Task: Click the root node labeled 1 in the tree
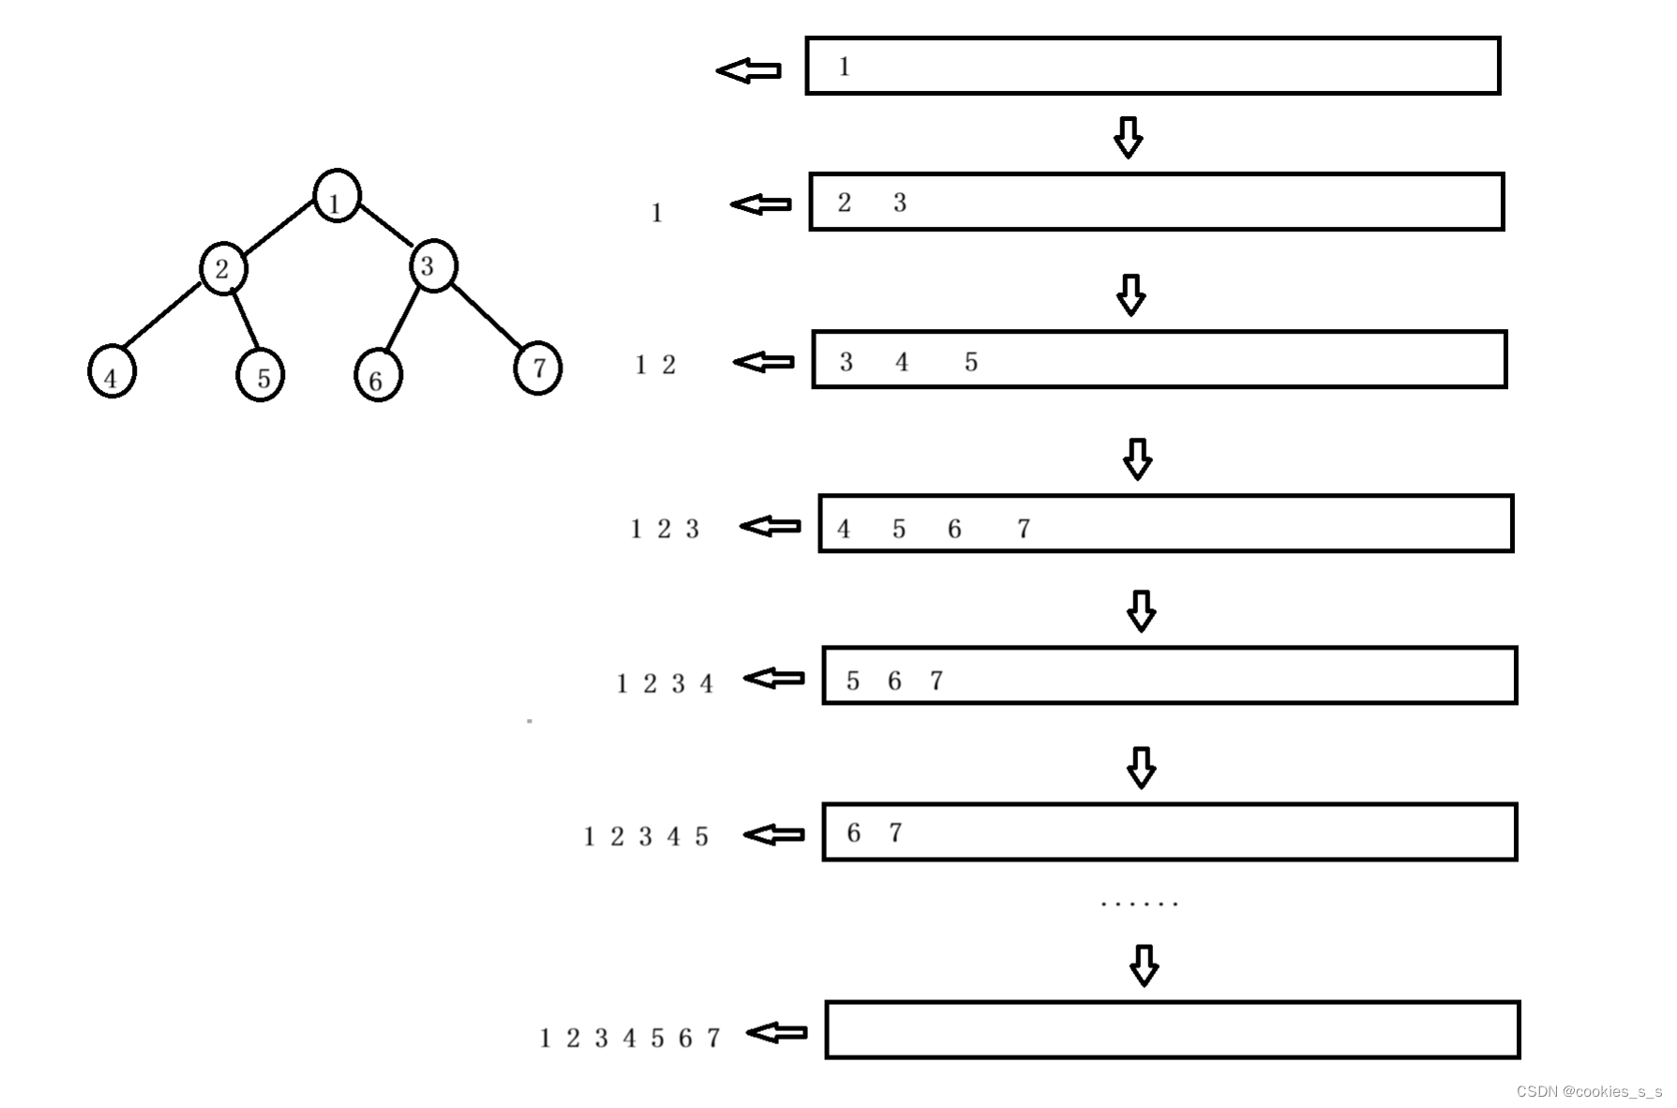point(337,197)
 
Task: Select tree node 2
point(223,268)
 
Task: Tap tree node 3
point(432,265)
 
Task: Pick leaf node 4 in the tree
point(112,372)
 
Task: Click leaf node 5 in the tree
point(260,375)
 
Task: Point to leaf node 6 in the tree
point(378,376)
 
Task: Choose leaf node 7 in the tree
point(538,367)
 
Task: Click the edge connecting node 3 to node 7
point(487,315)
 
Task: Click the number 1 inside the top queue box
point(845,67)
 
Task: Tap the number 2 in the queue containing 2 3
point(845,202)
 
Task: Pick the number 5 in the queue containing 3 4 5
point(971,362)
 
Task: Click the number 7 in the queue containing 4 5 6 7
point(1024,529)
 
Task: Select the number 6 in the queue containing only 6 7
point(854,832)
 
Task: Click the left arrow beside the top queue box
point(749,70)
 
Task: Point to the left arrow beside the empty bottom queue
point(777,1032)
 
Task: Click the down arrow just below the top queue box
point(1128,137)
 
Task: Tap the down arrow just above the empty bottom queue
point(1144,965)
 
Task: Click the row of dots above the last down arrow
point(1139,904)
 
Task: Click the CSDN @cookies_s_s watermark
point(1588,1091)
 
